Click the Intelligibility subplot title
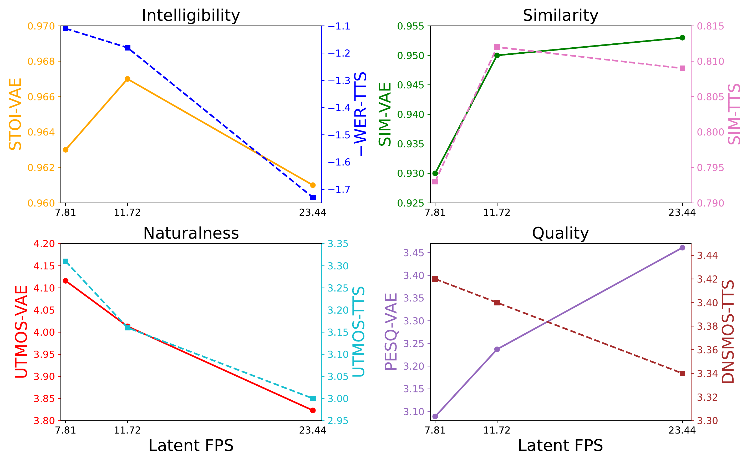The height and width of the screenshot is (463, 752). point(191,15)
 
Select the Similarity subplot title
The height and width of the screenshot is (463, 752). point(560,15)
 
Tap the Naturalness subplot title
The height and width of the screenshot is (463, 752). point(191,233)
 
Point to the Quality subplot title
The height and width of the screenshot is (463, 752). point(560,233)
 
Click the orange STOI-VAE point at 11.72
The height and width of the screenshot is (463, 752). point(128,79)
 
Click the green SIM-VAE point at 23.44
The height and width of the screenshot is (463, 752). point(682,38)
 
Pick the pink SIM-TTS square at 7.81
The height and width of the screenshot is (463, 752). point(435,182)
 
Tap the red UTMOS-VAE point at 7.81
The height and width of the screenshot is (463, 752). point(65,281)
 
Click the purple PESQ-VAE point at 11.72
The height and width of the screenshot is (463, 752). point(497,349)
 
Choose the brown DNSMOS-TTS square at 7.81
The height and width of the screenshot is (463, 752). point(435,279)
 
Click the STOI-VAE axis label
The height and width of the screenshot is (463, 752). point(15,114)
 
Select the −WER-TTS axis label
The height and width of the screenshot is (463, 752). point(360,114)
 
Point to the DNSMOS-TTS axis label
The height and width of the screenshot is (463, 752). point(728,332)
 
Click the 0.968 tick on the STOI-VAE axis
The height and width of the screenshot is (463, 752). point(41,62)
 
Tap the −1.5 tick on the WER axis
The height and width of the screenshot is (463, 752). point(339,135)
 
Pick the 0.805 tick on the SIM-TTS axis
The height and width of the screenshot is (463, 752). point(711,97)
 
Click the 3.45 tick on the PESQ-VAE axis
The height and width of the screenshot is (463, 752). point(414,253)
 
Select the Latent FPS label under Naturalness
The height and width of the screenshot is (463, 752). point(191,446)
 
